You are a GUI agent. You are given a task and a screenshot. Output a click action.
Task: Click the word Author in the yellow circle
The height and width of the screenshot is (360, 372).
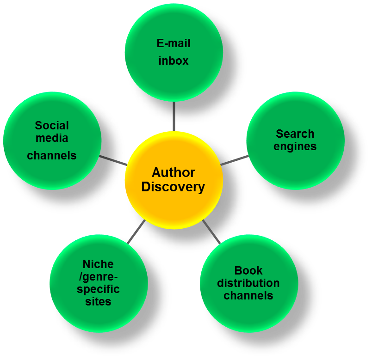click(x=174, y=173)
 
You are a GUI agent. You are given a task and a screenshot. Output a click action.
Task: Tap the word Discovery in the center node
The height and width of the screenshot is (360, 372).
click(x=173, y=187)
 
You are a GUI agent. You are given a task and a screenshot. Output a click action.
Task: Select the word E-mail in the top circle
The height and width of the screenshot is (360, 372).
click(x=174, y=44)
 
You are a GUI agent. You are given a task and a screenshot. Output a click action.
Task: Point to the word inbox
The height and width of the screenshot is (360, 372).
click(x=174, y=61)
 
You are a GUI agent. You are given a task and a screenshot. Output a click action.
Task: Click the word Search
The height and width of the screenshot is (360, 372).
click(x=295, y=134)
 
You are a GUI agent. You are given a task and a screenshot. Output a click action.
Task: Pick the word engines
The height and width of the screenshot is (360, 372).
click(x=295, y=146)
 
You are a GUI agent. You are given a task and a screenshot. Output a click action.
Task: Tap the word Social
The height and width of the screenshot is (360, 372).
click(x=52, y=126)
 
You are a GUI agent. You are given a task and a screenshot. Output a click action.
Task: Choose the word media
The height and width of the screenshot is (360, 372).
click(x=52, y=138)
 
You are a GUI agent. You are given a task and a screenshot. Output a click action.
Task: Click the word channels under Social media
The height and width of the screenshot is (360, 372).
click(x=52, y=155)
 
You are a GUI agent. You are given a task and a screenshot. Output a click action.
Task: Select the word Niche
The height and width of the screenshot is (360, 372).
click(x=98, y=264)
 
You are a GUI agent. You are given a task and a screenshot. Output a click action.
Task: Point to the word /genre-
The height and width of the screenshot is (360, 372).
click(x=98, y=277)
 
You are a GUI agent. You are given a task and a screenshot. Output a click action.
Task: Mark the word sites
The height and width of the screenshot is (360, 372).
click(x=98, y=302)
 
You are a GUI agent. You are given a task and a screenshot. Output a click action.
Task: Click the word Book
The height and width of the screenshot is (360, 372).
click(x=248, y=270)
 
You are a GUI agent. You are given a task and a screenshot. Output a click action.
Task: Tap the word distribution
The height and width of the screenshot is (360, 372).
click(x=248, y=283)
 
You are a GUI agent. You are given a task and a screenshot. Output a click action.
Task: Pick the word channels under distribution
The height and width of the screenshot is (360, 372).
click(x=248, y=295)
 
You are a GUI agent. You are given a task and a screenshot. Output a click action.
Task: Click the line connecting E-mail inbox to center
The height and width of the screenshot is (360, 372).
click(x=174, y=116)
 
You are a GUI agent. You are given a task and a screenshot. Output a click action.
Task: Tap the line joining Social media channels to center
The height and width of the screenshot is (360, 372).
click(x=112, y=160)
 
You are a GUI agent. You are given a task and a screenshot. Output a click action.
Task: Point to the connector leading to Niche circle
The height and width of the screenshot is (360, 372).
click(x=136, y=232)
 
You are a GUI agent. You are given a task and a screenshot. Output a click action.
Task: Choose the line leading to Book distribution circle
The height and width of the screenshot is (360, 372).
click(x=211, y=232)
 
